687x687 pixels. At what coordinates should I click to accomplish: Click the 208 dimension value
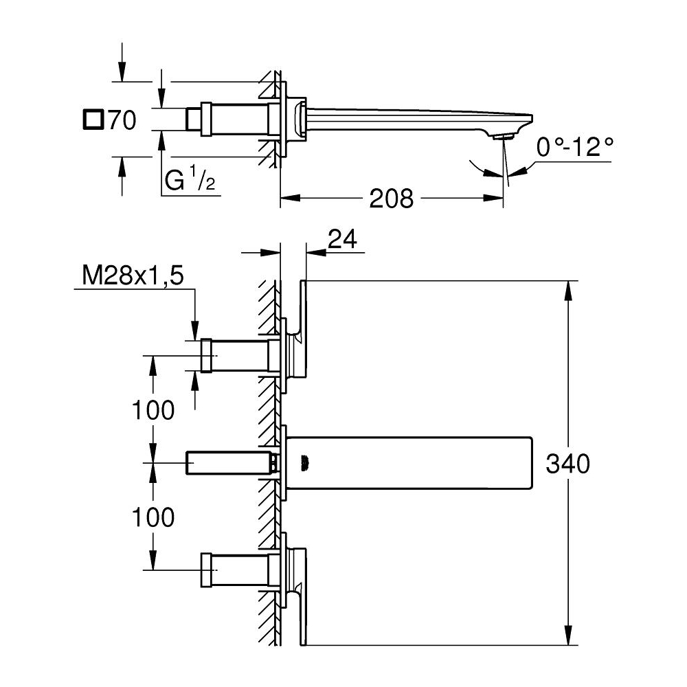(x=392, y=199)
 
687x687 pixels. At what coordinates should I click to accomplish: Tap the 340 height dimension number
(x=567, y=464)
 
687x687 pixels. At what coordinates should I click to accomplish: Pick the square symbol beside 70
(x=92, y=120)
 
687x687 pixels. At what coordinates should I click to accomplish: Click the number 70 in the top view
(x=122, y=121)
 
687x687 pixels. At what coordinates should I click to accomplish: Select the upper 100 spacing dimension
(x=153, y=410)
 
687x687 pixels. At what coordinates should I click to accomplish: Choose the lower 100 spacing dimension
(x=153, y=517)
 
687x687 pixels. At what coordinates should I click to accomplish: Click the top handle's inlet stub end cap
(x=206, y=356)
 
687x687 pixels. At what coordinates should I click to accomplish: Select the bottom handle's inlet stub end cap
(x=206, y=570)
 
